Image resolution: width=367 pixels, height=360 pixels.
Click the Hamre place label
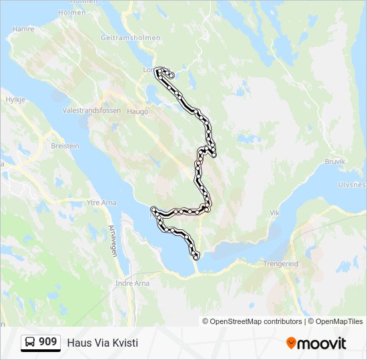23,29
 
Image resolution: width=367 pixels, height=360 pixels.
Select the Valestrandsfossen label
89,110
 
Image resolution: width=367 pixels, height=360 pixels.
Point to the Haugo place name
137,111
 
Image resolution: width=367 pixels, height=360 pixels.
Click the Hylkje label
15,99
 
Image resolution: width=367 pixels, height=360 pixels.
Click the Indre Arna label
132,283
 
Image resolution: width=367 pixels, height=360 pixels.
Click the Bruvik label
335,161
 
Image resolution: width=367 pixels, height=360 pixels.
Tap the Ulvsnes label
352,185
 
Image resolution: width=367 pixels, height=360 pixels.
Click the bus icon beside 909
30,342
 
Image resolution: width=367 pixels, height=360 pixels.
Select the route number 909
47,342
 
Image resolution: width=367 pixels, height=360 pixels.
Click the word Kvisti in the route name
125,343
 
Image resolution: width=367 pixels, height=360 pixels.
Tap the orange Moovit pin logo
291,343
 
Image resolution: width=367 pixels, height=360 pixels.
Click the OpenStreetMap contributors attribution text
256,321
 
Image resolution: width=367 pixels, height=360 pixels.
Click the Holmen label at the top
72,12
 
